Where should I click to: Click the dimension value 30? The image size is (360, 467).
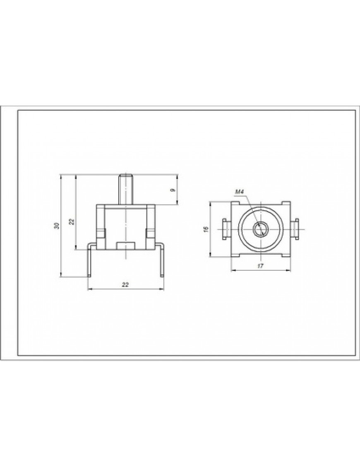pyautogui.click(x=58, y=226)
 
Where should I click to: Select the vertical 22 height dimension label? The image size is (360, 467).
pyautogui.click(x=72, y=221)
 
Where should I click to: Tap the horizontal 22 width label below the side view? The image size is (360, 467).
pyautogui.click(x=126, y=285)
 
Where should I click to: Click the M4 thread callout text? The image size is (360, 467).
pyautogui.click(x=240, y=192)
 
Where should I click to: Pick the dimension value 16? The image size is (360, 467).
pyautogui.click(x=206, y=229)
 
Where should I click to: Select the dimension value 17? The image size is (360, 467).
pyautogui.click(x=260, y=266)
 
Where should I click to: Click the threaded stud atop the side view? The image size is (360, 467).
pyautogui.click(x=126, y=189)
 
